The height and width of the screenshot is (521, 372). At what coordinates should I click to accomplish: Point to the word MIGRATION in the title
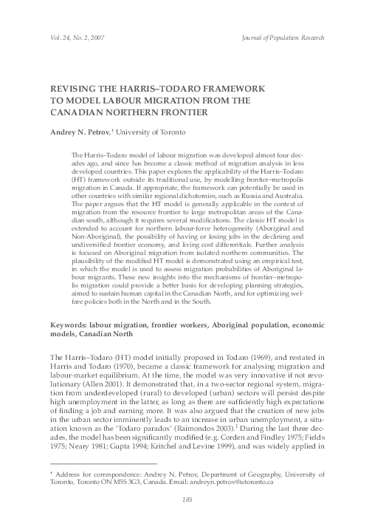click(185, 100)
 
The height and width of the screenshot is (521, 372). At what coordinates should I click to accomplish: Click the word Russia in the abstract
click(271, 198)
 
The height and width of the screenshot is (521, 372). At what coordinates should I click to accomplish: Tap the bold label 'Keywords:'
click(69, 347)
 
